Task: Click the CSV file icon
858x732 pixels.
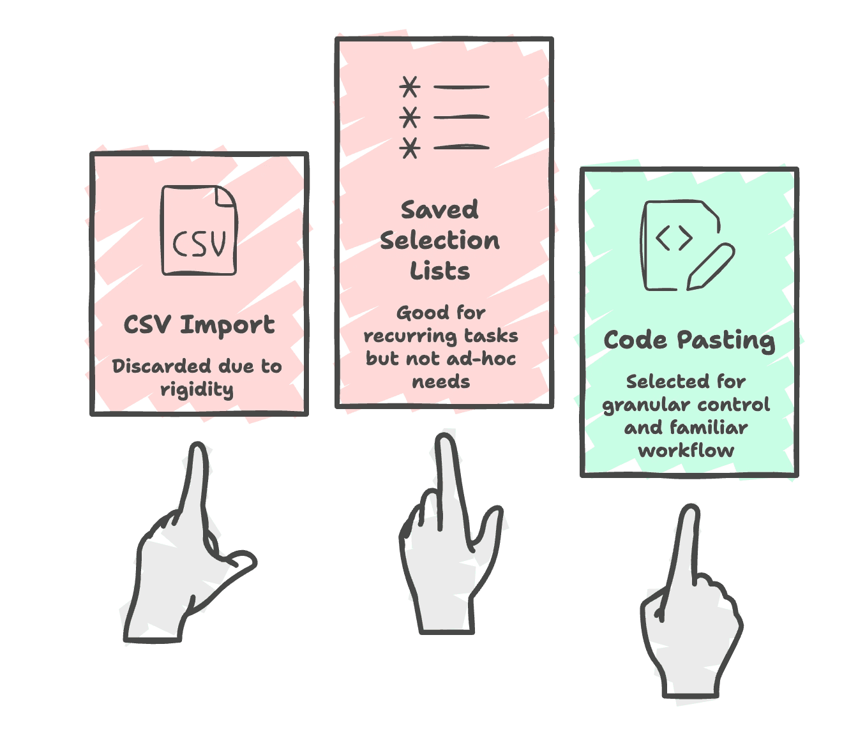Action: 199,231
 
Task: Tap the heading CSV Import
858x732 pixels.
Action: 199,325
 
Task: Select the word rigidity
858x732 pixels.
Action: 197,389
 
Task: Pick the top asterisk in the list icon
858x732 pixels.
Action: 410,86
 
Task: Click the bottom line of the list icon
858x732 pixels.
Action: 462,147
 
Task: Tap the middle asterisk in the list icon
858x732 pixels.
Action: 410,117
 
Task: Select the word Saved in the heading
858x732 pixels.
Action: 440,210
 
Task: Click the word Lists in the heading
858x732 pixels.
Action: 440,271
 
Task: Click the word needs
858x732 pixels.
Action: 440,382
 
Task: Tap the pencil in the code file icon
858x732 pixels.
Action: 710,267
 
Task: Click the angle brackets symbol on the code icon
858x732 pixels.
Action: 674,238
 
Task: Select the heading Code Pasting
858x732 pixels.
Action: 689,340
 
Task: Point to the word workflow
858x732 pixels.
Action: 686,451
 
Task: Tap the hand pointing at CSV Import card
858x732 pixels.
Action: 185,562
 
